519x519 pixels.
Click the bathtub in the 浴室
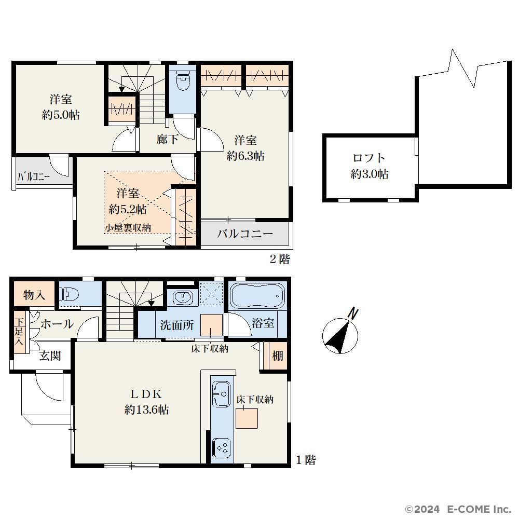tap(257, 296)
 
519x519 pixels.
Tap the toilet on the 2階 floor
tap(183, 80)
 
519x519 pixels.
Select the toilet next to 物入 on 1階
tap(69, 294)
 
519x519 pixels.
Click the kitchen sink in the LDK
tap(221, 394)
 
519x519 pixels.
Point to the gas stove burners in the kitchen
tap(221, 448)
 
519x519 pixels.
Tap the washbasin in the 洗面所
tap(182, 297)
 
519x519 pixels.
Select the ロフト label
tap(369, 158)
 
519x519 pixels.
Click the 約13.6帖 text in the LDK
tap(147, 410)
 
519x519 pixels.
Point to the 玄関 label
tap(50, 356)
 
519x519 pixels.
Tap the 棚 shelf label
tap(278, 356)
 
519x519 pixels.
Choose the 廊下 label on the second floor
tap(167, 139)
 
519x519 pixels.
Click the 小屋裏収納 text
tap(128, 228)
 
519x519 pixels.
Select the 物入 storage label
tap(34, 295)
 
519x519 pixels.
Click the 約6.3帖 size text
tap(245, 156)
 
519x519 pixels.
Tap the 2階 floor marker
tap(280, 259)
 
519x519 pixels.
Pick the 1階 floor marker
tap(306, 460)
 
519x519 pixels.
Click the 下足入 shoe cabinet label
tap(19, 331)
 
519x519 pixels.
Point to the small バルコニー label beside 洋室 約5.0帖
tap(33, 177)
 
